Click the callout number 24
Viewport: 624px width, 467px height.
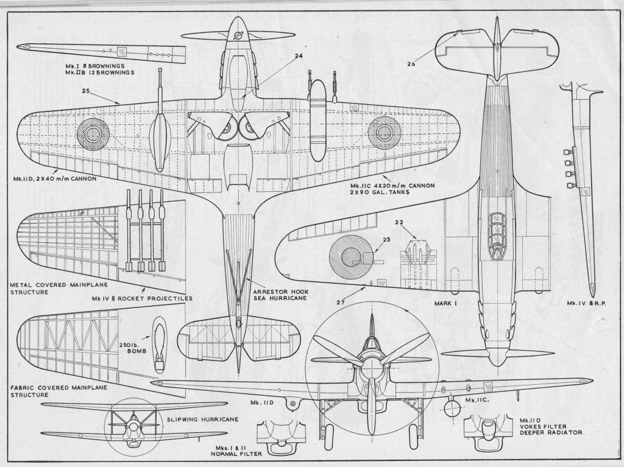pos(299,57)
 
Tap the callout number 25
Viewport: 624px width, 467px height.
pos(85,91)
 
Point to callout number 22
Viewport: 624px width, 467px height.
pos(416,222)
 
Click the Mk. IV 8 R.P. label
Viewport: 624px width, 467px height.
pos(587,303)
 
